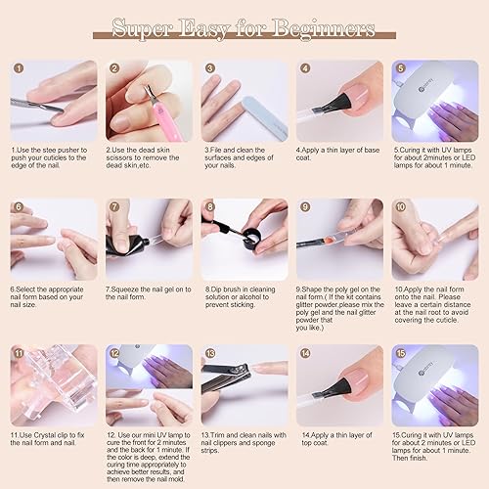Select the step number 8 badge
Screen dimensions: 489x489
[x=208, y=207]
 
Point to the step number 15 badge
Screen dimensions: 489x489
[x=400, y=351]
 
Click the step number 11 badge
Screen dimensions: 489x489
[x=18, y=351]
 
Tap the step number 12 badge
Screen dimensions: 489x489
[x=113, y=351]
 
